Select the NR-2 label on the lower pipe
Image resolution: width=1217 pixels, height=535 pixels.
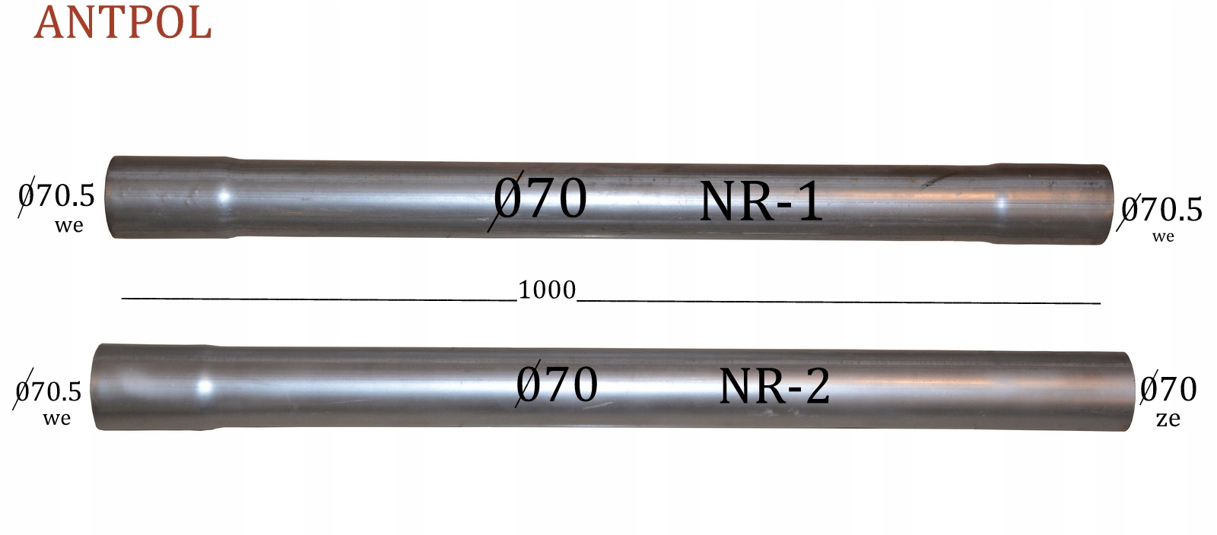pos(775,386)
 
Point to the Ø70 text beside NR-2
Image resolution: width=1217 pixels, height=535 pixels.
pos(555,384)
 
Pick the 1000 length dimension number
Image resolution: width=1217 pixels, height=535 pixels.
pos(547,290)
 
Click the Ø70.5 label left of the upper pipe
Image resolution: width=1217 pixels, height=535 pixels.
pos(56,196)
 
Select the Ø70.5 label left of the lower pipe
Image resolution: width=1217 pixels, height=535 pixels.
pos(46,390)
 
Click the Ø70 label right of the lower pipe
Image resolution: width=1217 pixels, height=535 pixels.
pos(1168,388)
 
